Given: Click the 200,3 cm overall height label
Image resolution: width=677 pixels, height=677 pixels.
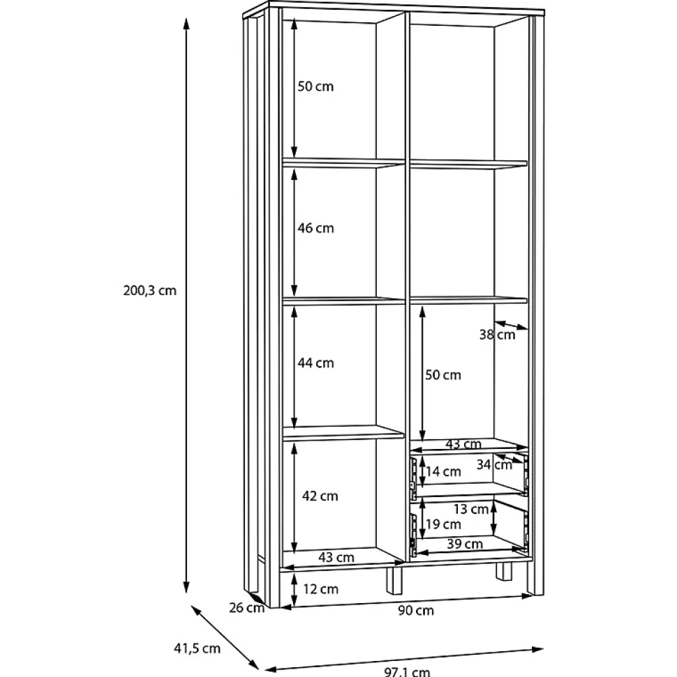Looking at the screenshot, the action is click(150, 291).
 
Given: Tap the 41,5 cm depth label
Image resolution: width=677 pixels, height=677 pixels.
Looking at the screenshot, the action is click(197, 648).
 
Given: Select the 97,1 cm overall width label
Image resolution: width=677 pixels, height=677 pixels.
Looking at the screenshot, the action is click(407, 672).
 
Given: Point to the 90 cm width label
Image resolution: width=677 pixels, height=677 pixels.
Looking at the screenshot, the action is click(416, 611).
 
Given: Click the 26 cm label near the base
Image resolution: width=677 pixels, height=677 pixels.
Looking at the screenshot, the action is click(247, 608).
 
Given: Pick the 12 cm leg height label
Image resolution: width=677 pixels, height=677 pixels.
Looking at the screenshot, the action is click(321, 589).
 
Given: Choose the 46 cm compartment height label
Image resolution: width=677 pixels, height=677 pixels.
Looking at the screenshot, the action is click(315, 228).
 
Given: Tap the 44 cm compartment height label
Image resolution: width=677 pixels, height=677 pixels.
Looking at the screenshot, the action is click(315, 363).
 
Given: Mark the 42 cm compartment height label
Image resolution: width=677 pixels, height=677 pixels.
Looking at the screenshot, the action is click(320, 496).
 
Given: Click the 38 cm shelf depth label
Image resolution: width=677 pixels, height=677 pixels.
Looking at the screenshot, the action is click(497, 335).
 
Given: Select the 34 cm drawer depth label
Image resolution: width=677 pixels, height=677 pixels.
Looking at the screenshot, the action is click(494, 464).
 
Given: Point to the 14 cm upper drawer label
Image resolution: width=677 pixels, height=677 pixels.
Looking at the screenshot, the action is click(443, 471).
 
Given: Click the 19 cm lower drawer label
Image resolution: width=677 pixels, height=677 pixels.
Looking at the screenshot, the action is click(443, 524).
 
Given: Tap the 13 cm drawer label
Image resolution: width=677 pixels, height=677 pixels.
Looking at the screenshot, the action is click(471, 510).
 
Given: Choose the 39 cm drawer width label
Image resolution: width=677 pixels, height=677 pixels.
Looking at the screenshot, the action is click(465, 544).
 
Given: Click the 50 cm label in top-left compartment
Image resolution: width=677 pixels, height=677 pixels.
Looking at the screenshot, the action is click(315, 86).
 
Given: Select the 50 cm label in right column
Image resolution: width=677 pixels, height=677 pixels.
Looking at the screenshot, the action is click(443, 375).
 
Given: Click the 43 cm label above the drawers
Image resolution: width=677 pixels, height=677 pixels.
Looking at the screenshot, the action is click(463, 444).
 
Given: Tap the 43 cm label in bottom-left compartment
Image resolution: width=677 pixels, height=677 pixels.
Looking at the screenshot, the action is click(336, 557).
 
